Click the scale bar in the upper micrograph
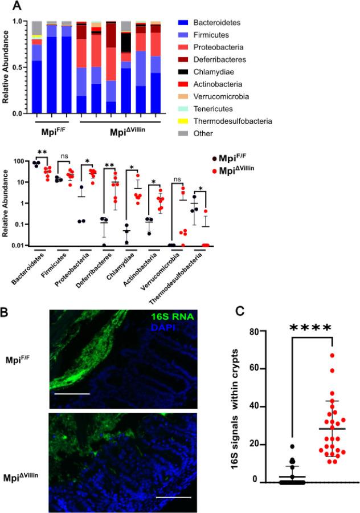(71, 393)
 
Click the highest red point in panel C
(331, 356)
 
